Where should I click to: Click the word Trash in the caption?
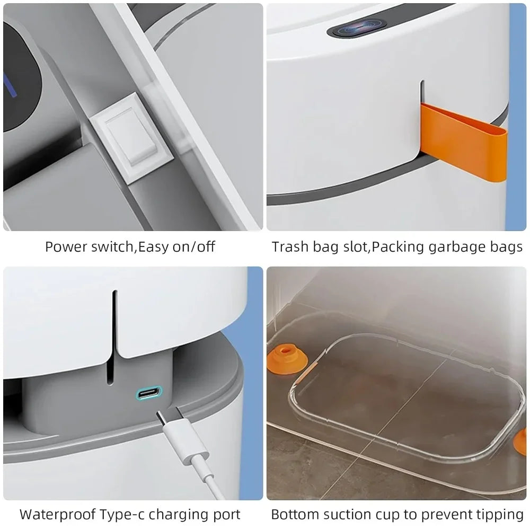click(x=288, y=247)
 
